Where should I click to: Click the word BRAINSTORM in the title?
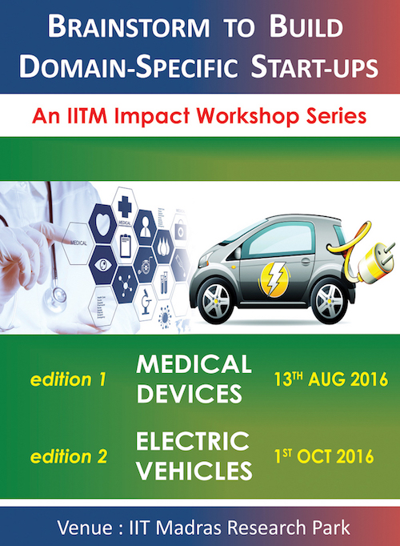(129, 26)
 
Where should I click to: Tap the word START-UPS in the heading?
(314, 66)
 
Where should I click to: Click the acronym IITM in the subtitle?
(87, 116)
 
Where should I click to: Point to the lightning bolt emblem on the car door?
(274, 279)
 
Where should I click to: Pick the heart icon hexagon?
(102, 224)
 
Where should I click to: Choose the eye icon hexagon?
(103, 265)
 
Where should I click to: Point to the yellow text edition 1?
(68, 379)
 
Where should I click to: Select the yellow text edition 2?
(69, 456)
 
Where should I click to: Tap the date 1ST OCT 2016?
(324, 456)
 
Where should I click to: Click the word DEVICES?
(190, 394)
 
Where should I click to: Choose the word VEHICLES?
(194, 471)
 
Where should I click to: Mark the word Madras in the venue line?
(189, 528)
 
